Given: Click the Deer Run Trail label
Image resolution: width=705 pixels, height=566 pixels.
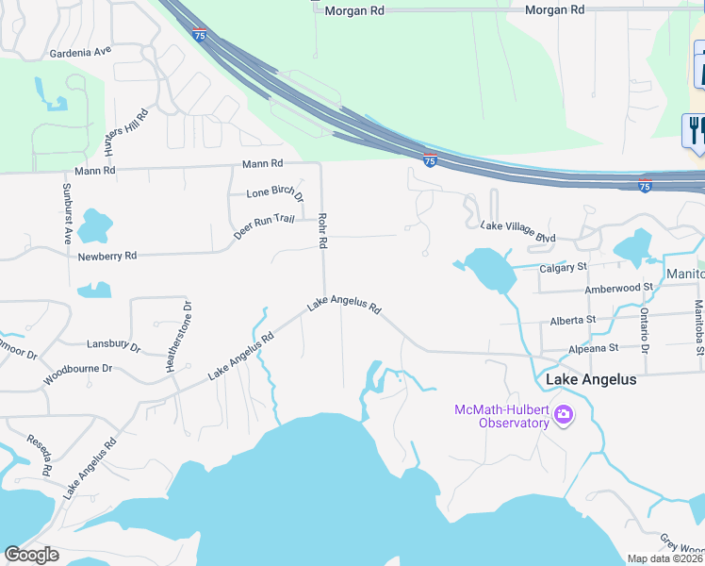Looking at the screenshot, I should pos(264,226).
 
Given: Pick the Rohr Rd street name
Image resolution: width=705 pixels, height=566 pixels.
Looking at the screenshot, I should pos(322,229).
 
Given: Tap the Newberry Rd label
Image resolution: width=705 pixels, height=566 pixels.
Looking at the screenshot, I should pos(107,256).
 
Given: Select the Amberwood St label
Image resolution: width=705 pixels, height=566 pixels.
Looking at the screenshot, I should pos(618,287).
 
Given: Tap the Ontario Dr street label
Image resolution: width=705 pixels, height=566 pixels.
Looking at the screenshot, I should pos(645,330).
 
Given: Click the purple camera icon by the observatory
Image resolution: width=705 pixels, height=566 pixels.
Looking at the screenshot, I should pos(564,414).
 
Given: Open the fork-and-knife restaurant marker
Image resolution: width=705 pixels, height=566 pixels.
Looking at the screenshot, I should pos(696,129).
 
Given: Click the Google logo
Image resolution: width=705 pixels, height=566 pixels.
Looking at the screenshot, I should pos(32,555).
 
